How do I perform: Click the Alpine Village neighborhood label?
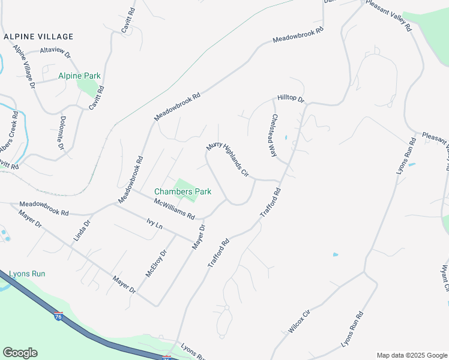click(x=38, y=37)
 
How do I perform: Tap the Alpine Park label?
click(x=79, y=76)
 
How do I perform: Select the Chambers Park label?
click(x=182, y=192)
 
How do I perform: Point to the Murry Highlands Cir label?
click(x=228, y=159)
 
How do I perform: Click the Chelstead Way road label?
click(x=274, y=136)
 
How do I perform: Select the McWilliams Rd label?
click(x=175, y=208)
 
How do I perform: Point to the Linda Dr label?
click(x=82, y=230)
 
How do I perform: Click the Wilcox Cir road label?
click(x=299, y=322)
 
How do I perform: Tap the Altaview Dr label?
click(x=55, y=54)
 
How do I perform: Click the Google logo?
click(x=20, y=353)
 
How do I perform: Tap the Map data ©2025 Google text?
click(x=412, y=355)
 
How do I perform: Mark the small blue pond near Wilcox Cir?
click(x=335, y=254)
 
